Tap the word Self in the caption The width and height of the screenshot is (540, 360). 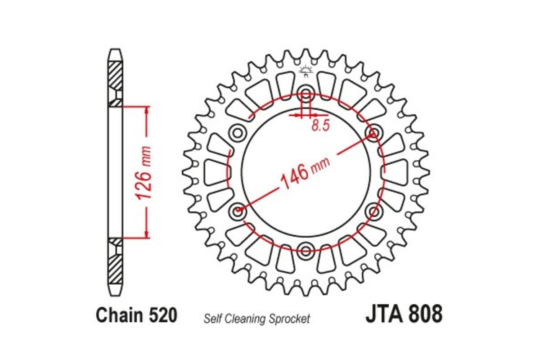click(212, 319)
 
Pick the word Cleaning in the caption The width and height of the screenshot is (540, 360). click(243, 319)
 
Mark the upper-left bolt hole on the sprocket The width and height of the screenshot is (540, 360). click(237, 133)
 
